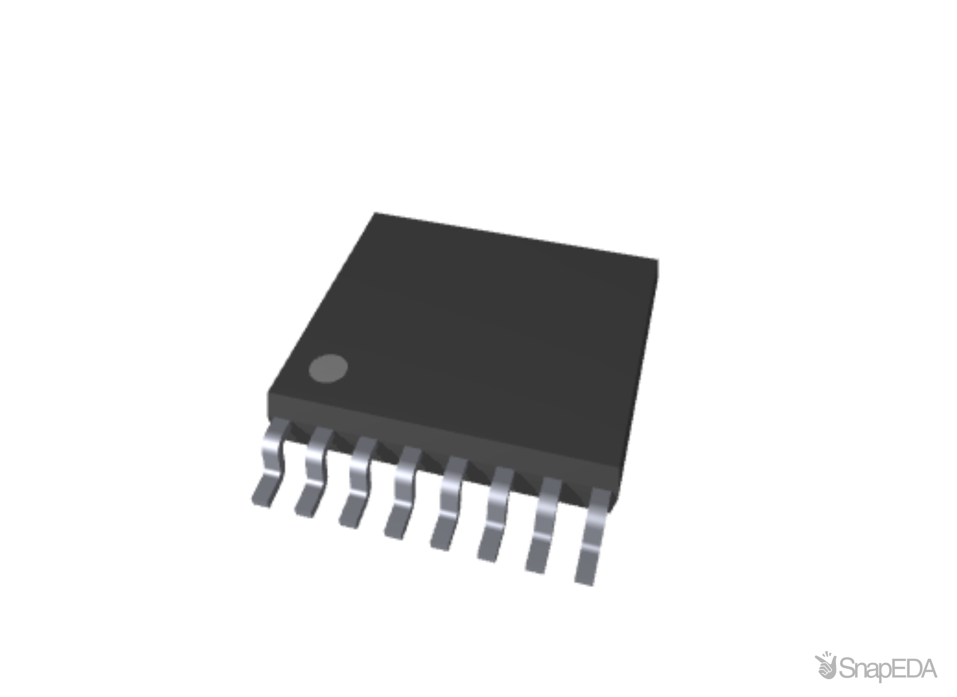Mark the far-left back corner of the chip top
click(x=375, y=213)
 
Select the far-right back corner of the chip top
click(x=659, y=258)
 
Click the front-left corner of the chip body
click(x=267, y=393)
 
